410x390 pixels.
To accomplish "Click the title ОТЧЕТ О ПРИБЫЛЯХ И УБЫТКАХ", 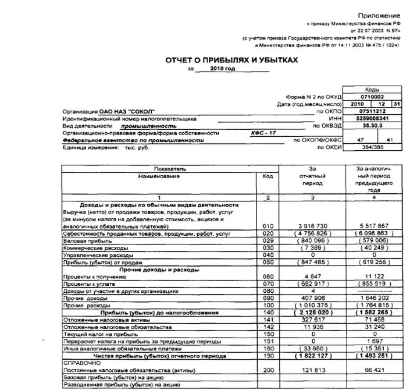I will [231, 60].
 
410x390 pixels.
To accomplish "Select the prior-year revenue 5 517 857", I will [374, 225].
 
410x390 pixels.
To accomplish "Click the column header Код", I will [268, 176].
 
